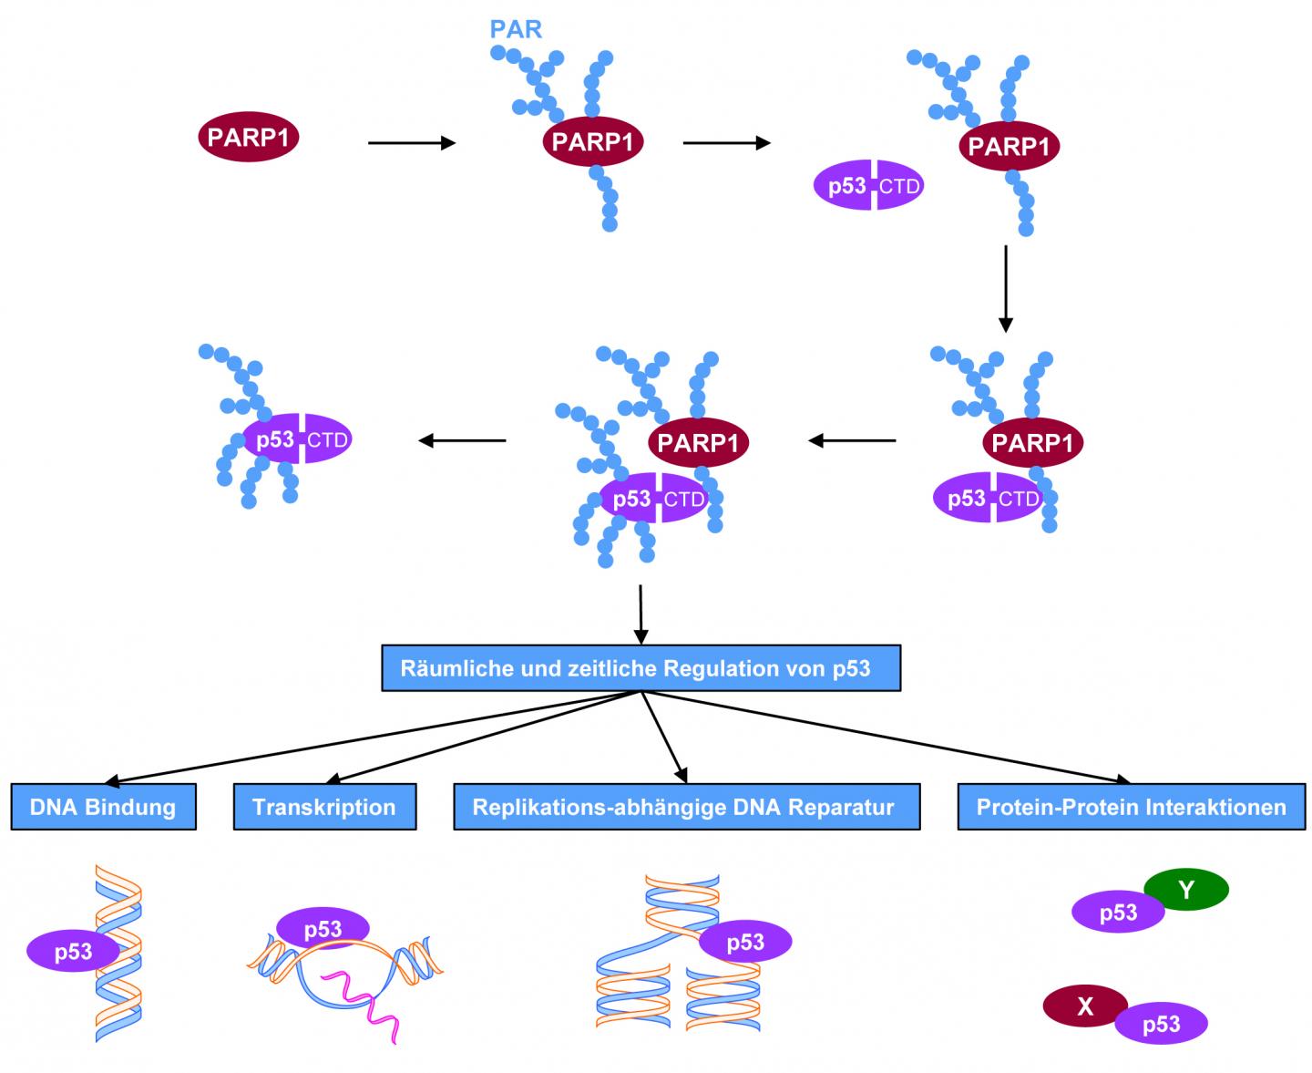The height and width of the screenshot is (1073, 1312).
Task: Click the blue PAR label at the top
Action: [x=516, y=29]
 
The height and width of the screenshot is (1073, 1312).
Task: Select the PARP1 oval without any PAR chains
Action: [x=249, y=138]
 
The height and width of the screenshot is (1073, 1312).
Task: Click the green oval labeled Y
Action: [x=1185, y=889]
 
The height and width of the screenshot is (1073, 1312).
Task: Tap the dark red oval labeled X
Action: [x=1084, y=1006]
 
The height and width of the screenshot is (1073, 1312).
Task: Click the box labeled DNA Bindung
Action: [x=103, y=807]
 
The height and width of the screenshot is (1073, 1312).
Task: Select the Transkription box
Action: [x=324, y=807]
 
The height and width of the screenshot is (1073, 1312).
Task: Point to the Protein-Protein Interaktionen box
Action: [x=1131, y=807]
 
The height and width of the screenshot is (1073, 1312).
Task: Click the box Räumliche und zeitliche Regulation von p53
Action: [x=641, y=668]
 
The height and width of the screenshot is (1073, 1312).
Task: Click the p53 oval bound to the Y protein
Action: [x=1117, y=913]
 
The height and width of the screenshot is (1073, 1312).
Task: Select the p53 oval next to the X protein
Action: [x=1161, y=1024]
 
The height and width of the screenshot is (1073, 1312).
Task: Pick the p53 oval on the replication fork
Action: [x=744, y=942]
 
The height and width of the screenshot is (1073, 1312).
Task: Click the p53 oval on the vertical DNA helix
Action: [x=73, y=952]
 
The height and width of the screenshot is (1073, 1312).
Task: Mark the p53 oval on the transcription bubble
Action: [x=323, y=928]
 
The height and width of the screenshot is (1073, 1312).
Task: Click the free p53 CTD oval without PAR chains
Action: [x=868, y=186]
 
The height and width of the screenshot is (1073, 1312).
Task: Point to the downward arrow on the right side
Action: [x=1005, y=287]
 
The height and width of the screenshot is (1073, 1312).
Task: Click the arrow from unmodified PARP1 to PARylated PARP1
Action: [x=411, y=143]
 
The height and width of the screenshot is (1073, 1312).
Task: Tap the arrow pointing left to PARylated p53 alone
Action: [x=462, y=441]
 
